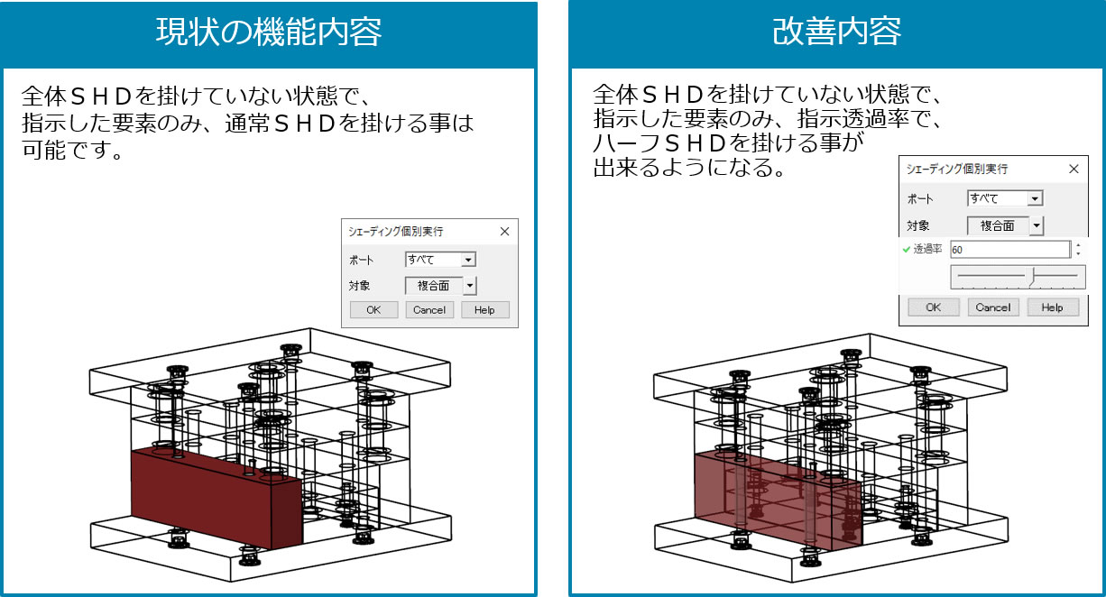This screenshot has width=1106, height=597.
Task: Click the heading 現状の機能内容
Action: (x=269, y=33)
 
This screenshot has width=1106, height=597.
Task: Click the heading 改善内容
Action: (x=836, y=33)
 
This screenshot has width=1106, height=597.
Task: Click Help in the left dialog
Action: (x=484, y=310)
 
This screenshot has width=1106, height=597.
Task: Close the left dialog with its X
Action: (x=504, y=231)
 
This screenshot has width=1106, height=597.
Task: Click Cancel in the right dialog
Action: (x=993, y=308)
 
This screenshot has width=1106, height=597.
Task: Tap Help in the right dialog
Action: (x=1052, y=308)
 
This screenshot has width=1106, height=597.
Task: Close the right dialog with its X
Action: (x=1073, y=169)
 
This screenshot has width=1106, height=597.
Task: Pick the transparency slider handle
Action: (x=1033, y=275)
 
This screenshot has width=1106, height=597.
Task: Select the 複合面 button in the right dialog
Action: (x=998, y=225)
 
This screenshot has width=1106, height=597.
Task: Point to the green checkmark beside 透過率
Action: (x=907, y=250)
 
